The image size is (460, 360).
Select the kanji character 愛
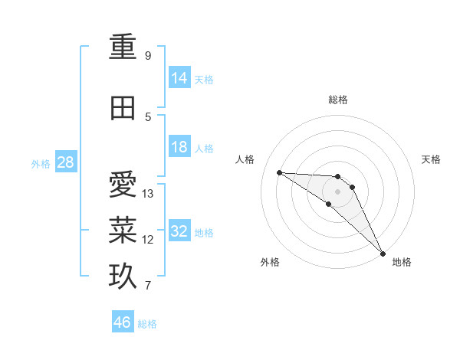pos(123,185)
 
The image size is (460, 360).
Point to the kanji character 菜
pos(123,231)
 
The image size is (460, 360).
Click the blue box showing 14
pos(179,78)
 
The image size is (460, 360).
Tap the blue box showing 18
pos(179,147)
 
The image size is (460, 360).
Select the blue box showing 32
pos(179,231)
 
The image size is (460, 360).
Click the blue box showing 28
pos(66,162)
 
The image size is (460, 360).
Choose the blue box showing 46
pos(123,322)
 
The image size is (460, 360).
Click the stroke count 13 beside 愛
pos(148,194)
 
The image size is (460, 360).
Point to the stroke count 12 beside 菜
pos(148,240)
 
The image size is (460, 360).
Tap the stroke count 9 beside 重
pos(147,56)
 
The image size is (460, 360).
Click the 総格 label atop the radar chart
pos(337,100)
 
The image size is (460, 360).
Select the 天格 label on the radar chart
pos(432,159)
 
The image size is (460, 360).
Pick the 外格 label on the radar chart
pos(270,263)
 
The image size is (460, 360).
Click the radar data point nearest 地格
pos(383,253)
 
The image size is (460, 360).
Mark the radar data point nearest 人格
pos(280,172)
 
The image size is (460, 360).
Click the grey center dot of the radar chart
pos(337,191)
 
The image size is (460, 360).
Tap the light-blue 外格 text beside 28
pos(40,163)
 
